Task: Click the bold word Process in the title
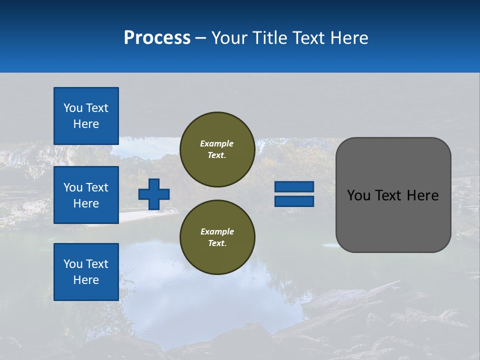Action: pyautogui.click(x=157, y=38)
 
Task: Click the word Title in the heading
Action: pyautogui.click(x=270, y=38)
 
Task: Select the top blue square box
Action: pyautogui.click(x=86, y=116)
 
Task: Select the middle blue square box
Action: pyautogui.click(x=86, y=195)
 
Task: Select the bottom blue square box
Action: pyautogui.click(x=86, y=272)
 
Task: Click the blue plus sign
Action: pyautogui.click(x=154, y=194)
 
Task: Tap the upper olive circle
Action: pyautogui.click(x=217, y=149)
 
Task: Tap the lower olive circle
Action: pyautogui.click(x=217, y=237)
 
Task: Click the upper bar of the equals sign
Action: pyautogui.click(x=294, y=187)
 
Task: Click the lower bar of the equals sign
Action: pyautogui.click(x=294, y=201)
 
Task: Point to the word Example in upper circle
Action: pyautogui.click(x=217, y=143)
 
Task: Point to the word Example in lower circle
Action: pyautogui.click(x=217, y=231)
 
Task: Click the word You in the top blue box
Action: pyautogui.click(x=72, y=108)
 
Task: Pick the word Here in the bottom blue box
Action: pyautogui.click(x=86, y=280)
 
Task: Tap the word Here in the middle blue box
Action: pyautogui.click(x=86, y=203)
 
